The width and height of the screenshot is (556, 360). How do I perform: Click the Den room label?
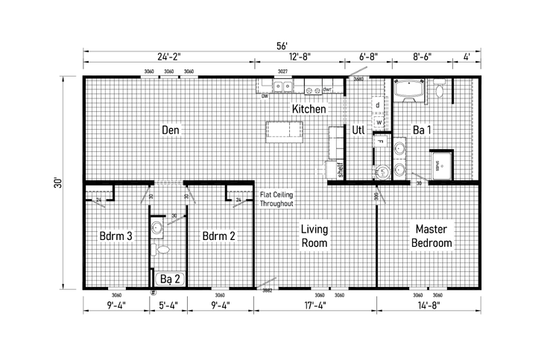171,130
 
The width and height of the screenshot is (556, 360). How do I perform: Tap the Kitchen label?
309,109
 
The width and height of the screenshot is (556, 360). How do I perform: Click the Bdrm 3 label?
116,236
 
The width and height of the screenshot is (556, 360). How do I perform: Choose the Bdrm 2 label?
219,236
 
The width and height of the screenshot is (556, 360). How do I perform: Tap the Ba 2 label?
171,280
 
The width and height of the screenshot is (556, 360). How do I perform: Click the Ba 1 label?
423,130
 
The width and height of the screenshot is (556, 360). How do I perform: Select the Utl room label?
358,130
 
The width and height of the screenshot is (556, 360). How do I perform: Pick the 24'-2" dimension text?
168,56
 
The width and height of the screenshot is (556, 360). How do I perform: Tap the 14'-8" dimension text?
427,304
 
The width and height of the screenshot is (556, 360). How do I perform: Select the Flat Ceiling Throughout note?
277,199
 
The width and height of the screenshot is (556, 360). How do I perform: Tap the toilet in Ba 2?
157,250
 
